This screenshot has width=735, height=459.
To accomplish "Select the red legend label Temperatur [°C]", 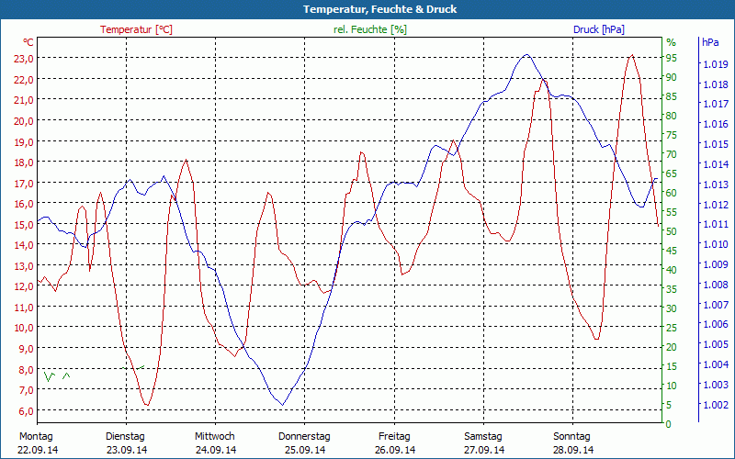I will pyautogui.click(x=136, y=29).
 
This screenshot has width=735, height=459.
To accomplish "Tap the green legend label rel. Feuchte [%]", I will pyautogui.click(x=369, y=29).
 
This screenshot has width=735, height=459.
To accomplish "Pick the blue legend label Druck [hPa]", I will pyautogui.click(x=598, y=29).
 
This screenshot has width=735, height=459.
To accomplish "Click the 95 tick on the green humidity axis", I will pyautogui.click(x=672, y=58).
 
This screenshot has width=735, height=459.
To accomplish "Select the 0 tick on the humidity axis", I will pyautogui.click(x=669, y=424).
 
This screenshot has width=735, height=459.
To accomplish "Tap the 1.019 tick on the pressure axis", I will pyautogui.click(x=715, y=64).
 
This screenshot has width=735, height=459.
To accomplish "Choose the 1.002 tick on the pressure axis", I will pyautogui.click(x=715, y=405).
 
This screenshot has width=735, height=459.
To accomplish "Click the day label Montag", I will pyautogui.click(x=36, y=436).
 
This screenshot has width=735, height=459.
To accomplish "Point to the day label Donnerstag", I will pyautogui.click(x=304, y=436).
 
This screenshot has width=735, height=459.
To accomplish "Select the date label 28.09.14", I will pyautogui.click(x=574, y=450).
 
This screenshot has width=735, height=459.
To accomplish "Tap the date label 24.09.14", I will pyautogui.click(x=215, y=450).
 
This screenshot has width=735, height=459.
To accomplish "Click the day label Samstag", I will pyautogui.click(x=483, y=436).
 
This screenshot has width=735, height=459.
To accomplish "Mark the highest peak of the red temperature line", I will pyautogui.click(x=631, y=55).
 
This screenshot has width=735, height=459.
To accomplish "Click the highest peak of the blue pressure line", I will pyautogui.click(x=526, y=54).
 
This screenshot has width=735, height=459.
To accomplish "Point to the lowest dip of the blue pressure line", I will pyautogui.click(x=283, y=404).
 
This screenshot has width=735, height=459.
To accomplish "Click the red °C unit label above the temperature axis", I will pyautogui.click(x=28, y=42).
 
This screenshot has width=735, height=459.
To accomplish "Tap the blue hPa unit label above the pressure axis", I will pyautogui.click(x=710, y=42).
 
